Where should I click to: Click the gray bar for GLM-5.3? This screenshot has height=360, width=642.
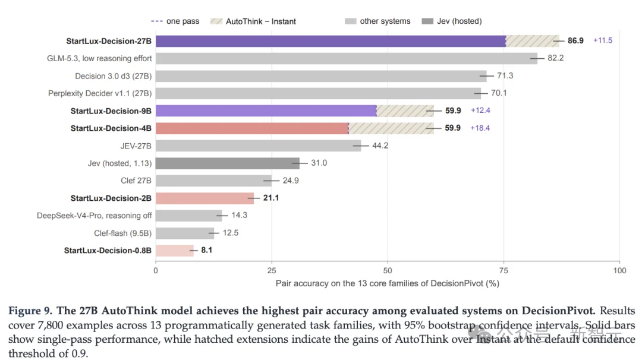coord(347,58)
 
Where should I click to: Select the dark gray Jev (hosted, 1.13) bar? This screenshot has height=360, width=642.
coord(228,163)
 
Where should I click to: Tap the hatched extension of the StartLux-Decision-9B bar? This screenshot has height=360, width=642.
coord(405,111)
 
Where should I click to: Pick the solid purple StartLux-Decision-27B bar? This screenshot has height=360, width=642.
coord(331,41)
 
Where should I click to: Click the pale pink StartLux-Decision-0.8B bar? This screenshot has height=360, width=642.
coord(174,250)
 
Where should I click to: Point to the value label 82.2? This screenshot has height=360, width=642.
coord(556,58)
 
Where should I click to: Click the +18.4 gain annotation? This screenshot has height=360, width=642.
coord(480,128)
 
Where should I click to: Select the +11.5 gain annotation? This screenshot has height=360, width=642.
coord(603,40)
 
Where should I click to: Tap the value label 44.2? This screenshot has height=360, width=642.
coord(380,146)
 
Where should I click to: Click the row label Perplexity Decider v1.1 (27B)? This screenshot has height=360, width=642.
coord(100,93)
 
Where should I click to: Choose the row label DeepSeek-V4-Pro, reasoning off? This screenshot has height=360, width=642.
coord(94,216)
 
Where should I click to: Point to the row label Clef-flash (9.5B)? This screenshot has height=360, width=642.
coord(123,233)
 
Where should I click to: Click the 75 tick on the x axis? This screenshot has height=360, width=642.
coord(503,270)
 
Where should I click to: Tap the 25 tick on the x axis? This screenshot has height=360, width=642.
coord(272,270)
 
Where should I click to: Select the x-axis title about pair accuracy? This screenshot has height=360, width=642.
coord(388,283)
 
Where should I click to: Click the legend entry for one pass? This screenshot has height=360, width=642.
coord(175,21)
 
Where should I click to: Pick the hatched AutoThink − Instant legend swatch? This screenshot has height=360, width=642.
coord(216,21)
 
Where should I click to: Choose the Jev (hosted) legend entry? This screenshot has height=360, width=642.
coord(452,21)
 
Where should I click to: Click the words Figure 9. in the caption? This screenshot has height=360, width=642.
coord(30,311)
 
